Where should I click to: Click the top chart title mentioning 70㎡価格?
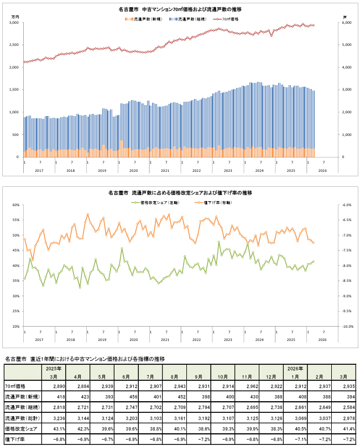pyautogui.click(x=180, y=10)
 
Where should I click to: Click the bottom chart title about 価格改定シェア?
pyautogui.click(x=180, y=193)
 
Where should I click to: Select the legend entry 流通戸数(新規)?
pyautogui.click(x=146, y=19)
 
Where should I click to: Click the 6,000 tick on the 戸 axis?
pyautogui.click(x=347, y=23)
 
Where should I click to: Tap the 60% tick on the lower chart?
pyautogui.click(x=15, y=205)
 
